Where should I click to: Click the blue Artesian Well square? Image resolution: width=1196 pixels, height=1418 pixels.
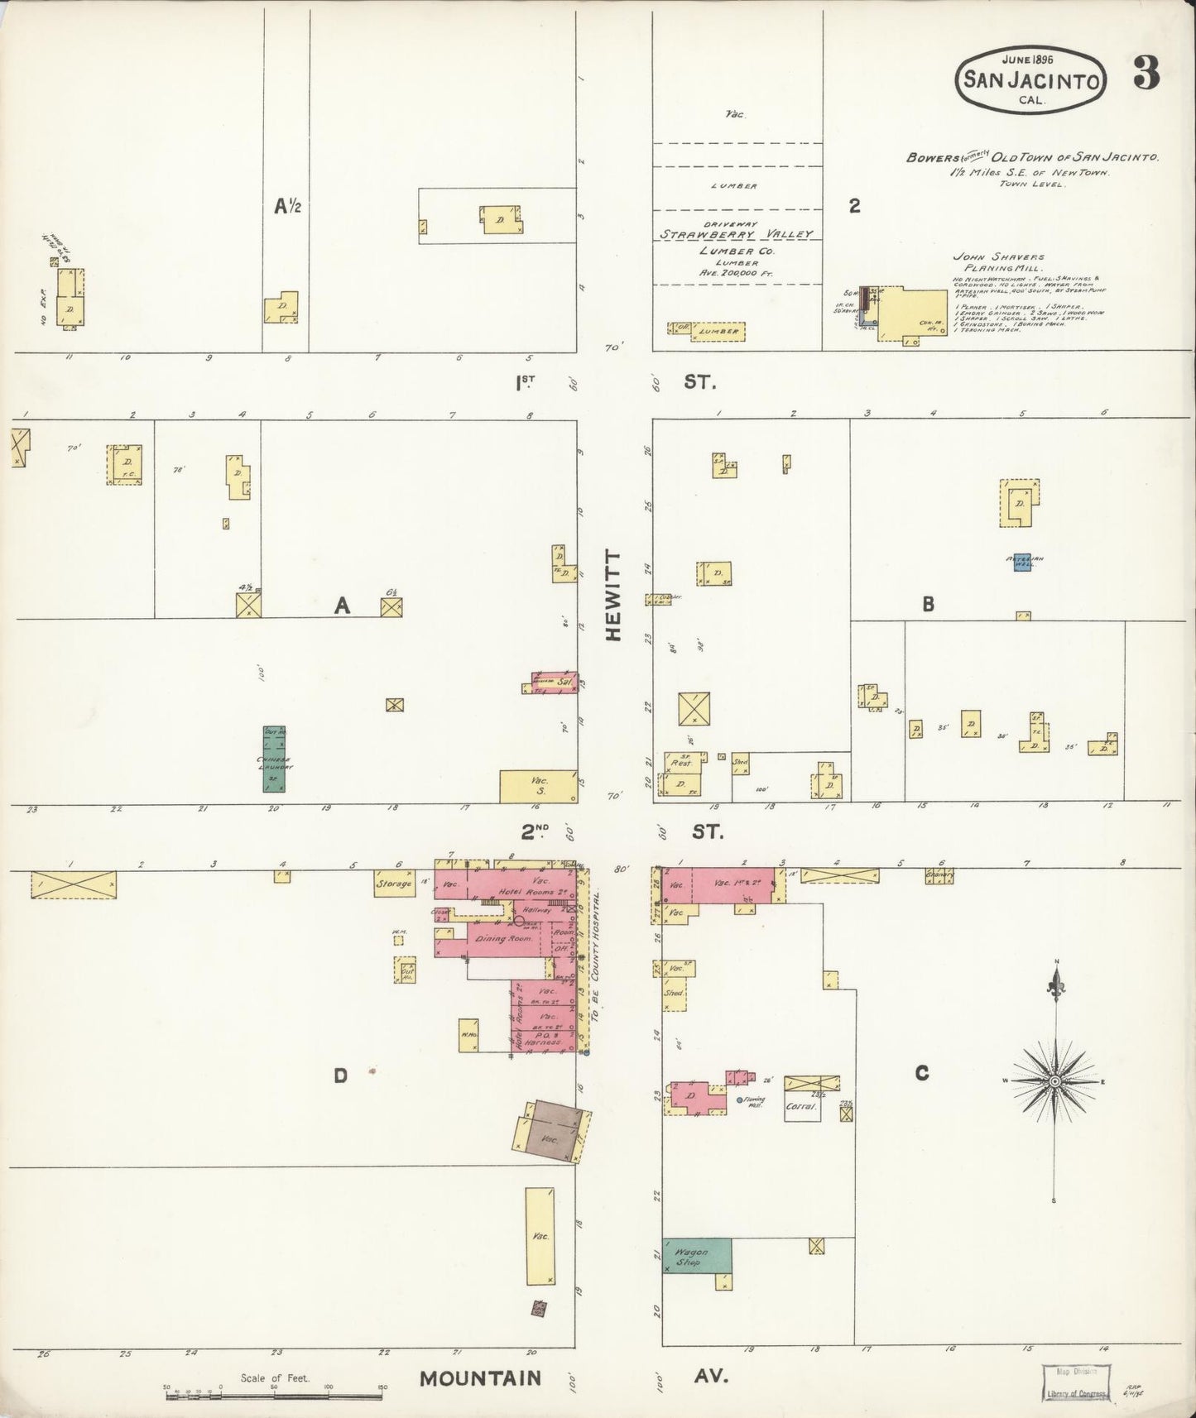(1022, 563)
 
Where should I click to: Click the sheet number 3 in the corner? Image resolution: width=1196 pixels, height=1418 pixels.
(1146, 75)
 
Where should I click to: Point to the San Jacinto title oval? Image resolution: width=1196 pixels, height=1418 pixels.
(1030, 80)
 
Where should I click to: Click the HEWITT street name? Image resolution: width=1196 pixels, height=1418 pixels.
(612, 596)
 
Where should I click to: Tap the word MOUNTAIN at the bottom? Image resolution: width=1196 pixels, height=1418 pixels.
(480, 1378)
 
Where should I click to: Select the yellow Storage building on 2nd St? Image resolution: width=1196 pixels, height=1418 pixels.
(394, 884)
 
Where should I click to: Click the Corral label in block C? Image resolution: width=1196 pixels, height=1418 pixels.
(802, 1105)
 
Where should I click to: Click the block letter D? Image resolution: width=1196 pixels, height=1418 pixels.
(340, 1075)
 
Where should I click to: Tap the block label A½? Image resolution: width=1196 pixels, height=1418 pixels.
(287, 207)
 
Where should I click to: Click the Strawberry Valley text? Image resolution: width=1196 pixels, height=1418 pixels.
(736, 235)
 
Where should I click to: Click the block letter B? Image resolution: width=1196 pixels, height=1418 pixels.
(928, 604)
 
